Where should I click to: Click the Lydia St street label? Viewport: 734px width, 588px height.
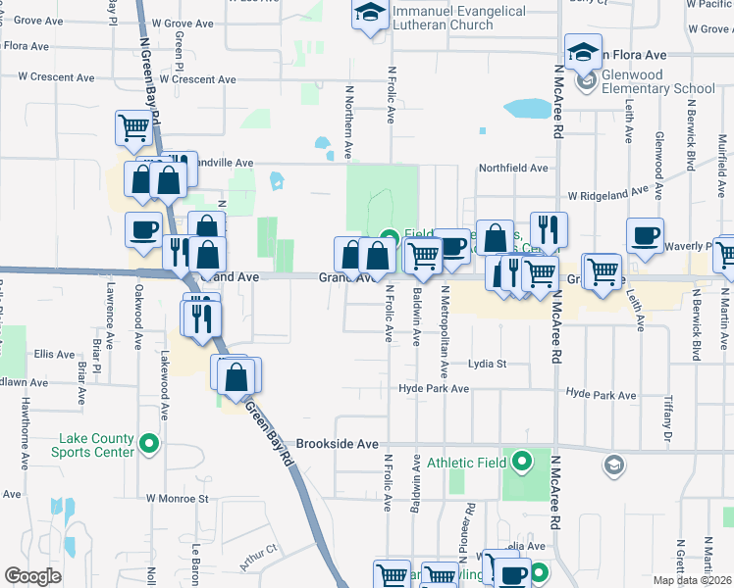tap(487, 364)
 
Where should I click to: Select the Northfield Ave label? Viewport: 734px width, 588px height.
tap(512, 169)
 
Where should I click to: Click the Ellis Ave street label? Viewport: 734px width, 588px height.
tap(54, 354)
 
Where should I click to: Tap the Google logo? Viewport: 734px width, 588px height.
tap(32, 576)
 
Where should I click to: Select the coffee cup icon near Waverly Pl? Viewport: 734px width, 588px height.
tap(645, 235)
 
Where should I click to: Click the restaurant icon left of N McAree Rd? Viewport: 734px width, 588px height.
tap(549, 229)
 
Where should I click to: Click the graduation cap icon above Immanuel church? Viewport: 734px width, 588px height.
tap(370, 14)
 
